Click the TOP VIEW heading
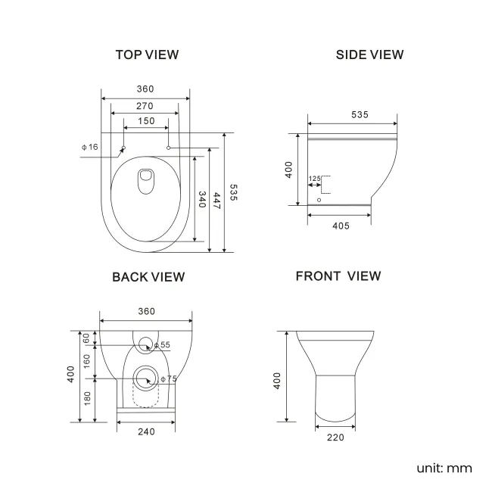point(147,54)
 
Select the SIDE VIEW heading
point(369,54)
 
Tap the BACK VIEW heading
point(148,277)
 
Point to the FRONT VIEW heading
point(338,276)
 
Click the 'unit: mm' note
point(444,468)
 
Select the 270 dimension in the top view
point(145,105)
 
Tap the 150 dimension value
point(145,121)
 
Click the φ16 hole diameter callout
point(89,146)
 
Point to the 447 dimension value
point(217,200)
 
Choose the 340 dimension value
point(202,200)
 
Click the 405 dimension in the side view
point(340,226)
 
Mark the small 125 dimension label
point(315,179)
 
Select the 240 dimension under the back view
point(146,431)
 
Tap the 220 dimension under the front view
point(335,437)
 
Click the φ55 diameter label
point(163,345)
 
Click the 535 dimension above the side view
point(360,114)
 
